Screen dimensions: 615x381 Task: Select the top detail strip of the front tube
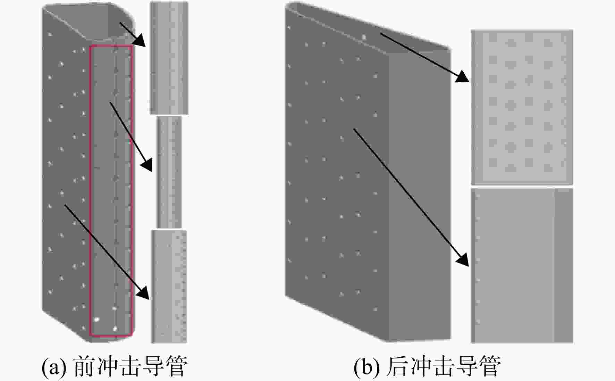169,58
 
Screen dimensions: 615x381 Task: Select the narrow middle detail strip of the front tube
169,172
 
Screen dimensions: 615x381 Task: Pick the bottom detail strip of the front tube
169,287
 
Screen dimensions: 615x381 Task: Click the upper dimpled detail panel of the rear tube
522,107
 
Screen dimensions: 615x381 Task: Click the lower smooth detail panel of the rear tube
522,266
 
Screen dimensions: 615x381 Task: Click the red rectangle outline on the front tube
90,191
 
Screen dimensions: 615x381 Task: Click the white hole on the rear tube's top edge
364,36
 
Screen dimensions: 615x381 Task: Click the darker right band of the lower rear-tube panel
563,266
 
